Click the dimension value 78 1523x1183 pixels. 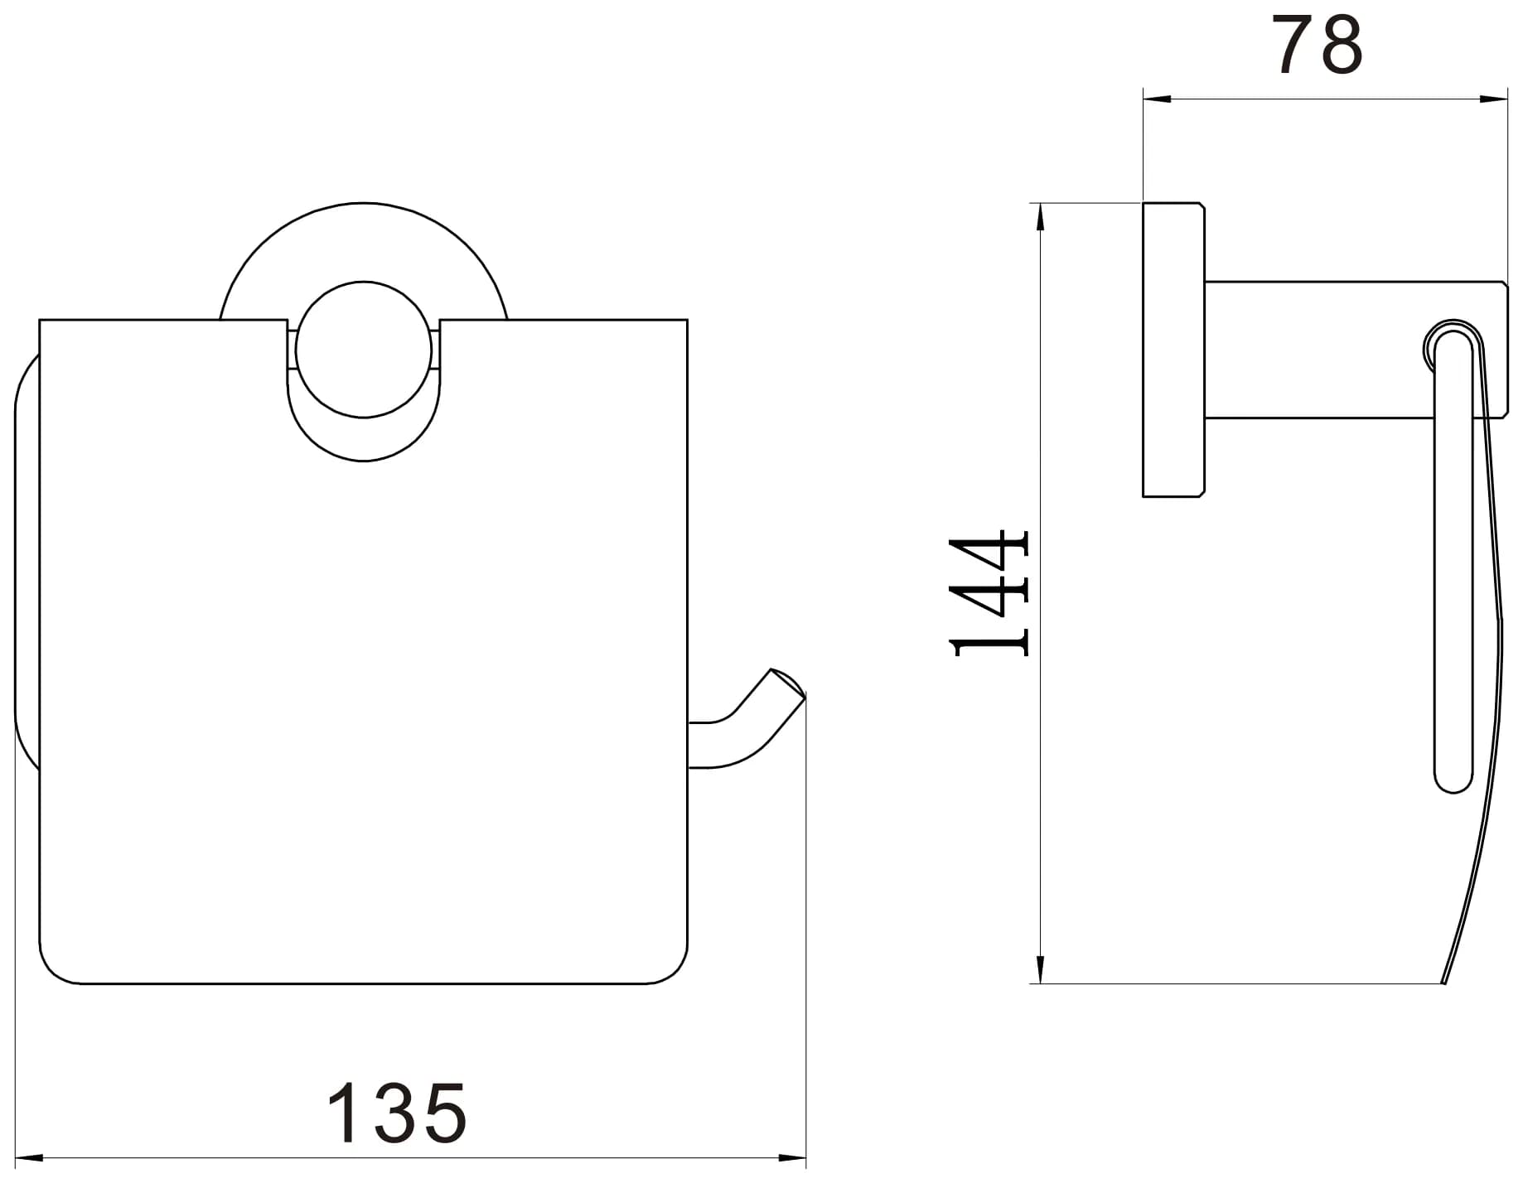[x=1318, y=46]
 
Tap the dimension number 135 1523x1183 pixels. [x=398, y=1113]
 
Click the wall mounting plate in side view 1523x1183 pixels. [x=1173, y=350]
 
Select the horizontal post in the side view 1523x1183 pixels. [x=1356, y=350]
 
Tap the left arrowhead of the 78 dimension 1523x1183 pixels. [x=1157, y=99]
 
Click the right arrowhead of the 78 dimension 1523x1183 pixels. [x=1493, y=99]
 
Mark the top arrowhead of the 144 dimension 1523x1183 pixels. [x=1040, y=217]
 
